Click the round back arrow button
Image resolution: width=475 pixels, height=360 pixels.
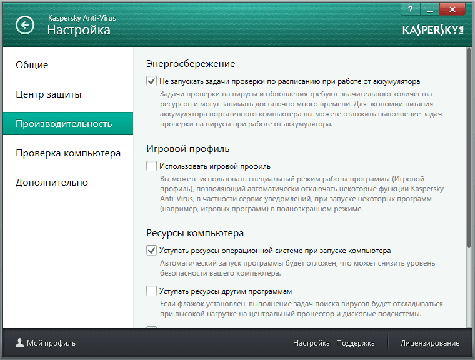[25, 25]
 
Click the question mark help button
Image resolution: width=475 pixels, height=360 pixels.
[411, 9]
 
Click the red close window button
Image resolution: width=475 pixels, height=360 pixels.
[452, 9]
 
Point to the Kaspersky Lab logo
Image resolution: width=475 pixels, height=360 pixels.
[433, 30]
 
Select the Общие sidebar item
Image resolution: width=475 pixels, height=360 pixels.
[32, 65]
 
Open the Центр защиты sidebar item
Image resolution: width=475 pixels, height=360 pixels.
[49, 94]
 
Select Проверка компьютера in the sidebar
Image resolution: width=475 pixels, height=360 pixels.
[68, 153]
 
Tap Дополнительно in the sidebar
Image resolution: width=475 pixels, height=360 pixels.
[52, 182]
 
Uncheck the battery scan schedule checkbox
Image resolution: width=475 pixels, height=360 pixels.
[151, 81]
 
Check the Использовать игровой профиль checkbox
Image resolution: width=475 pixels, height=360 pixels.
[151, 166]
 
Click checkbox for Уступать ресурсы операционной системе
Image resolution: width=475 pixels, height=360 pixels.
[151, 250]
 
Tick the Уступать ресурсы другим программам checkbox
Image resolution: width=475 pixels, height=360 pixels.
[151, 291]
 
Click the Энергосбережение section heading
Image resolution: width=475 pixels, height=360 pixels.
[191, 64]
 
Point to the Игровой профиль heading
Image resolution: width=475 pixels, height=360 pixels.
[188, 149]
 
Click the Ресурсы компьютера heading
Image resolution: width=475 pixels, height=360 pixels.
[195, 233]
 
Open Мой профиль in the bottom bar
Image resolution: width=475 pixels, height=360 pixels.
[46, 343]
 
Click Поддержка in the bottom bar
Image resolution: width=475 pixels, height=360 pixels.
[356, 343]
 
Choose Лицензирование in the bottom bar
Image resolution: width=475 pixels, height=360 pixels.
[430, 343]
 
